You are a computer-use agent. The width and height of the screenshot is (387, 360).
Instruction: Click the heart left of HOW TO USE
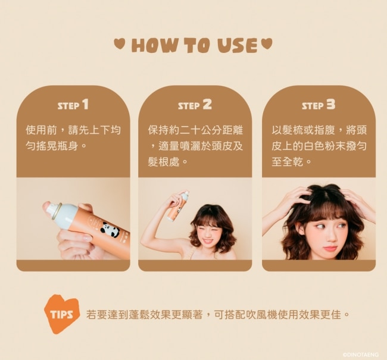click(118, 43)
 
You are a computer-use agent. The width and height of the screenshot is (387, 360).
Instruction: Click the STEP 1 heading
click(73, 105)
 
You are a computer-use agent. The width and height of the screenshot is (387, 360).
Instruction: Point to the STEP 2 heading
click(195, 105)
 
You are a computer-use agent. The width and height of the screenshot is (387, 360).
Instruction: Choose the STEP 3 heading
click(319, 105)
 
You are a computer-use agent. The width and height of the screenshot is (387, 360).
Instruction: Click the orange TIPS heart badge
click(62, 314)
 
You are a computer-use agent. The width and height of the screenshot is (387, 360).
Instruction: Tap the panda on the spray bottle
click(110, 229)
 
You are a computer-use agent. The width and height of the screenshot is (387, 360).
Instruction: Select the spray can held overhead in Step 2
click(178, 206)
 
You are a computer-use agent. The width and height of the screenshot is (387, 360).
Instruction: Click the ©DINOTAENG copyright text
click(361, 355)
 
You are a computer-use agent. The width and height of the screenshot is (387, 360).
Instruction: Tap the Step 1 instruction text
click(73, 138)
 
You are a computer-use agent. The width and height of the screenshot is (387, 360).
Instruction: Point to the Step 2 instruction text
click(195, 146)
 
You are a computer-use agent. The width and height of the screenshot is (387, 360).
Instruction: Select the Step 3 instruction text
click(319, 146)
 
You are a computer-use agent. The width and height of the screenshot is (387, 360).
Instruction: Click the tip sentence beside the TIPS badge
click(218, 315)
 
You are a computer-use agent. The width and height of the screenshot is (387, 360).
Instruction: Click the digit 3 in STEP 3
click(331, 104)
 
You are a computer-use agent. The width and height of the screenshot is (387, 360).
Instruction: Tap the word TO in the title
click(198, 46)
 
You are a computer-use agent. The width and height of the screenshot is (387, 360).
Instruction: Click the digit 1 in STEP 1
click(85, 104)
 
